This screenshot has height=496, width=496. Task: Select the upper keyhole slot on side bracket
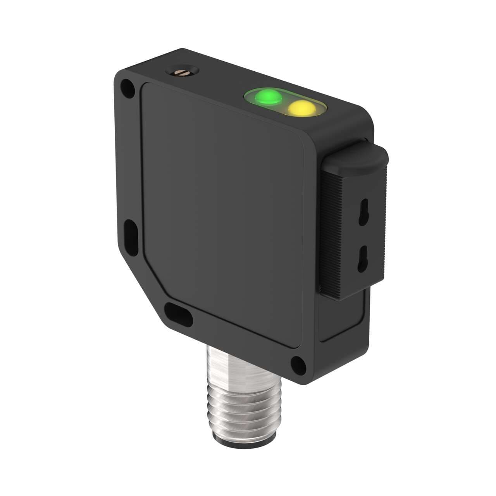364,211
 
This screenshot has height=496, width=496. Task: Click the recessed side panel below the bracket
343,318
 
